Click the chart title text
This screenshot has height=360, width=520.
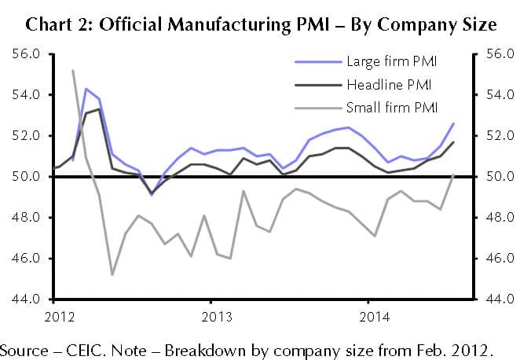(x=260, y=24)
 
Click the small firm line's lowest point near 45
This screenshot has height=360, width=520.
(x=112, y=274)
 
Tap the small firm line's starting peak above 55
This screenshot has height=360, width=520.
(x=73, y=70)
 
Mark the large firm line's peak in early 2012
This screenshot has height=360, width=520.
(x=86, y=88)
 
